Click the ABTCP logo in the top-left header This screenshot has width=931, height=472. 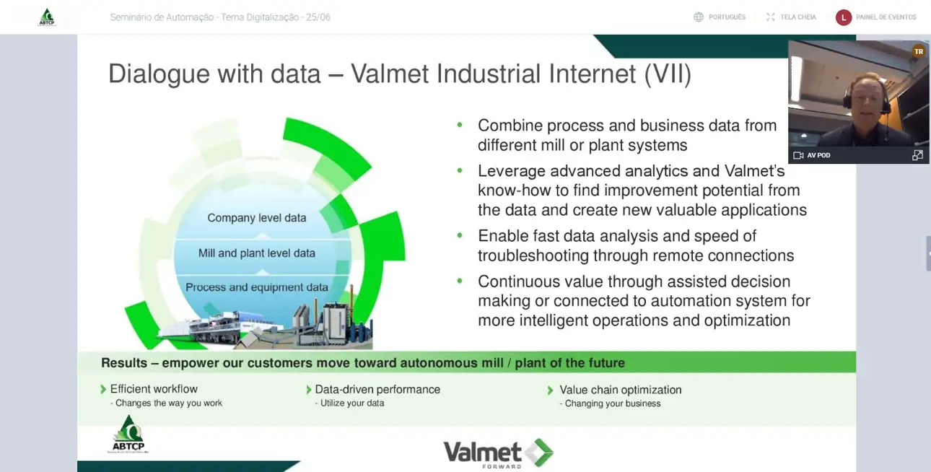click(x=47, y=17)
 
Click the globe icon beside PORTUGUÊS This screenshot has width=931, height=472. click(x=699, y=17)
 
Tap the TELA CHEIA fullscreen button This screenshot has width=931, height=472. click(x=791, y=17)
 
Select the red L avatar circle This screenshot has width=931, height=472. click(x=844, y=17)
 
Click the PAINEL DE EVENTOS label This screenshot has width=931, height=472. click(x=886, y=17)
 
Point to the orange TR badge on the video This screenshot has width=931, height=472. click(x=919, y=51)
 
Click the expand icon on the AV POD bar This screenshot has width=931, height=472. click(x=917, y=155)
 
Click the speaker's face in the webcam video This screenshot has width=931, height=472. click(x=867, y=101)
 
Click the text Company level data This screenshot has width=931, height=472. click(x=257, y=218)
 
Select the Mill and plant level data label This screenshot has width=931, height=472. click(x=257, y=253)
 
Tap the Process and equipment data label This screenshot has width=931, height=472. click(x=257, y=287)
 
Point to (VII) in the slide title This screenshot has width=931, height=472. click(x=668, y=74)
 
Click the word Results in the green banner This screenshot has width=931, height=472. click(x=124, y=363)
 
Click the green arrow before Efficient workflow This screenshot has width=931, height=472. click(x=103, y=389)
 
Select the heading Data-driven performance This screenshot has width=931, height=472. click(x=377, y=389)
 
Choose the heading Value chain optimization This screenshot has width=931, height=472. click(x=621, y=390)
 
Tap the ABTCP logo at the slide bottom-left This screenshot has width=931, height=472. click(x=128, y=434)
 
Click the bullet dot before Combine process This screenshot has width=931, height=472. click(x=460, y=125)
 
